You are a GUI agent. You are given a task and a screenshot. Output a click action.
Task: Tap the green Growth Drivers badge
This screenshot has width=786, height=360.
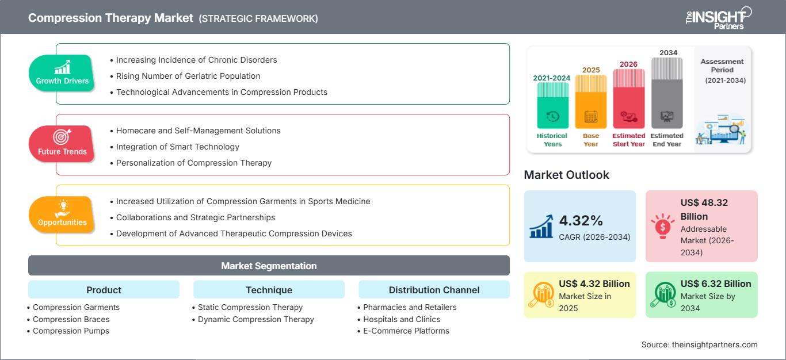click(x=62, y=74)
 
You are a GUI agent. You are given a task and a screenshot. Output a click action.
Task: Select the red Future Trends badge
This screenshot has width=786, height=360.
click(x=61, y=144)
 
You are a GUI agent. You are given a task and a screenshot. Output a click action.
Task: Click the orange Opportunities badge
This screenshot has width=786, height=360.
click(x=62, y=215)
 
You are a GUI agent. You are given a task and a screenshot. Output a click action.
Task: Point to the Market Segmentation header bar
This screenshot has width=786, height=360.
click(x=269, y=266)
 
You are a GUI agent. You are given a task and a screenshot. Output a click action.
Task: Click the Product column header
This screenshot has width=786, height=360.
click(x=104, y=290)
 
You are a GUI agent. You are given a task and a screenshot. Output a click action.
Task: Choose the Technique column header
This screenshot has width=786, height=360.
click(x=269, y=290)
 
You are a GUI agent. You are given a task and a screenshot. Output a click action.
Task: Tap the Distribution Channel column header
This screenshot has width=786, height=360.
click(x=434, y=290)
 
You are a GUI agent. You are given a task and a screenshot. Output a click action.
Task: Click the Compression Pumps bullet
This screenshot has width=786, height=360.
click(x=71, y=331)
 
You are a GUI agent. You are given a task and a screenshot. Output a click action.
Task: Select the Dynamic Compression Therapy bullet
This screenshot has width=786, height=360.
click(x=255, y=319)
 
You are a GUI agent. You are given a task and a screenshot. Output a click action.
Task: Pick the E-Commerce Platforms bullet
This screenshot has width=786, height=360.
click(x=406, y=331)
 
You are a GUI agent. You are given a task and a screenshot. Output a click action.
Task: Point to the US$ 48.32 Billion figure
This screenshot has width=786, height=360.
click(x=704, y=209)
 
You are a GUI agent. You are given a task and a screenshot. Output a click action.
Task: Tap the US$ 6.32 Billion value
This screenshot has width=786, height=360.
click(x=716, y=284)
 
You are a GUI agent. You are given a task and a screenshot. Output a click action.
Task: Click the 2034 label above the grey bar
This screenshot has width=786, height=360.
click(x=668, y=53)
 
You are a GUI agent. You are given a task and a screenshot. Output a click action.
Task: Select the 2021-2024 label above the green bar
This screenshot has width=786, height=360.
click(x=552, y=78)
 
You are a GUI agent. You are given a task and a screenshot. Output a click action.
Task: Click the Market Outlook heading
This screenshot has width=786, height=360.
click(x=566, y=175)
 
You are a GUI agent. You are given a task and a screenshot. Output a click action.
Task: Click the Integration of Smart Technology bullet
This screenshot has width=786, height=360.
click(x=177, y=147)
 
